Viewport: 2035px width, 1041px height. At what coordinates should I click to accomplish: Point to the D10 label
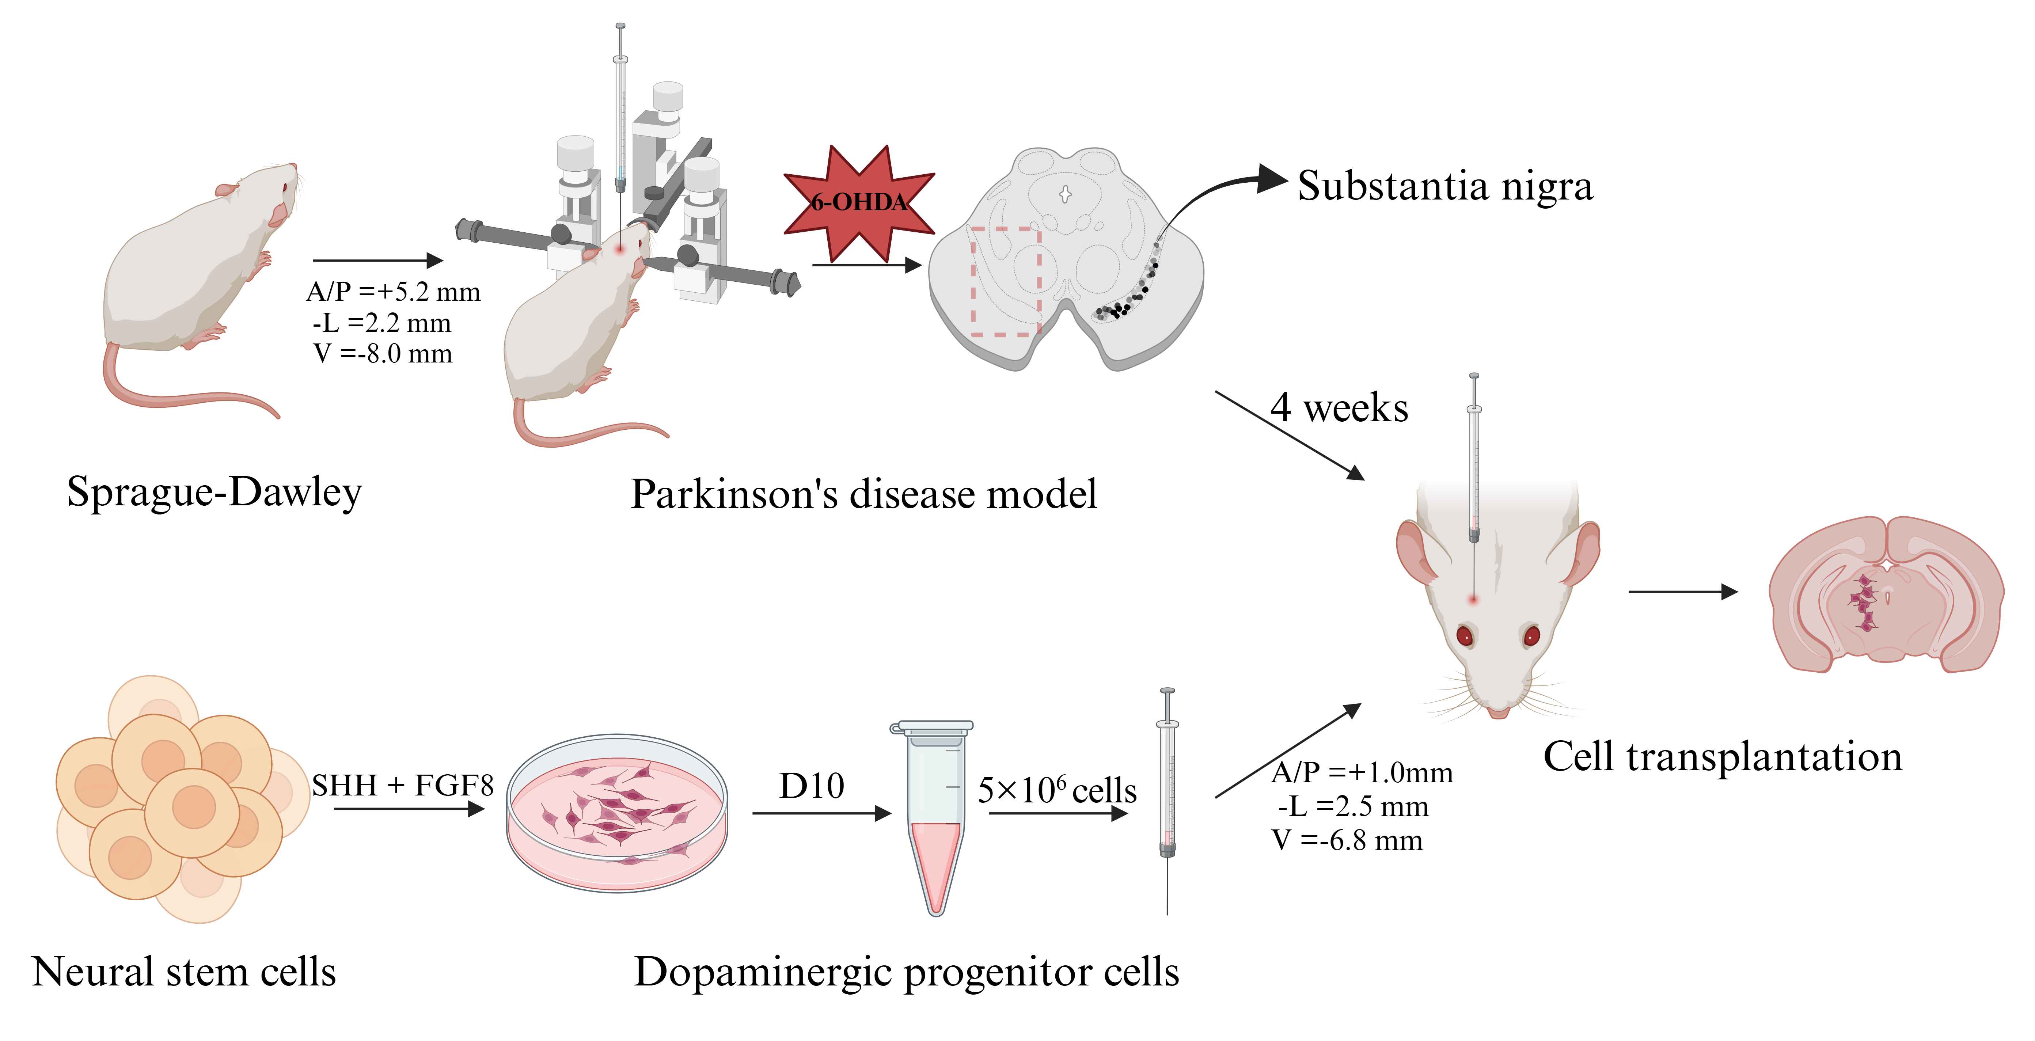[x=811, y=786]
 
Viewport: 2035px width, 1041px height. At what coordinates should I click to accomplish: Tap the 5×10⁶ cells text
[x=1057, y=790]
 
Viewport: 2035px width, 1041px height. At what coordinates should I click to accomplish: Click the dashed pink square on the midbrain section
[x=1005, y=281]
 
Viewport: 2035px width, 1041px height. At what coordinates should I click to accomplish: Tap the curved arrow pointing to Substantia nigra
[x=1216, y=194]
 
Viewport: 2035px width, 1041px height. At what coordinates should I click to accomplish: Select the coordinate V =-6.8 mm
[x=1347, y=840]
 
